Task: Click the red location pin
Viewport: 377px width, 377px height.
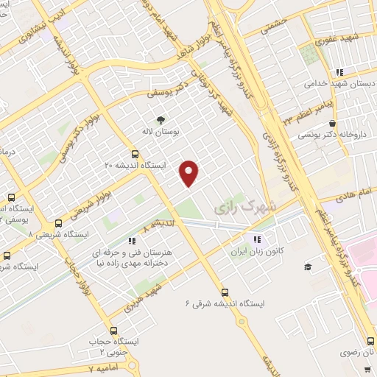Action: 190,172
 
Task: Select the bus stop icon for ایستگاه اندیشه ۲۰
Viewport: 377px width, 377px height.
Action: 134,154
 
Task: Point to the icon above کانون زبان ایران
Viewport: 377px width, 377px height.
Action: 257,239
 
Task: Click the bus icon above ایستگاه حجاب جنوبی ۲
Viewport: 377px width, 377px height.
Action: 113,331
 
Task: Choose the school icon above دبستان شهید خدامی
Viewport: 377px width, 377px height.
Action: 339,72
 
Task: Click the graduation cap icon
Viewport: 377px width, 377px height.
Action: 308,266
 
